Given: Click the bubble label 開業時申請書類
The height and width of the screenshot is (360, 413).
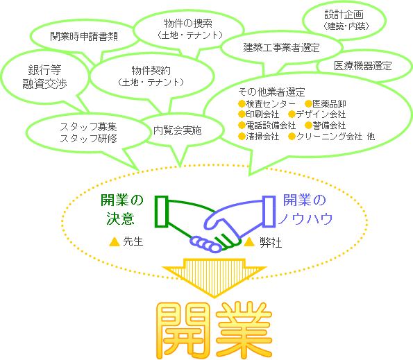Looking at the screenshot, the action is pyautogui.click(x=84, y=36).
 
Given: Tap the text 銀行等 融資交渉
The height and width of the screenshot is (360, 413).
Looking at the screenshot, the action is pyautogui.click(x=44, y=77).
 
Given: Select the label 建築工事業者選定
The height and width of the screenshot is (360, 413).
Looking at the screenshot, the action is pyautogui.click(x=281, y=48).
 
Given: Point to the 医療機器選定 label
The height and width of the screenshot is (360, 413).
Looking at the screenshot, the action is pyautogui.click(x=363, y=66).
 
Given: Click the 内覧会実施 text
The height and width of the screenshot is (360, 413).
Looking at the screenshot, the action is pyautogui.click(x=178, y=130).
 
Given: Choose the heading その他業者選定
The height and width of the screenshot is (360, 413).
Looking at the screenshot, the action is pyautogui.click(x=271, y=92).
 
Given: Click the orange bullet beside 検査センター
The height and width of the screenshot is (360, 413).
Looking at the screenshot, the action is pyautogui.click(x=242, y=103).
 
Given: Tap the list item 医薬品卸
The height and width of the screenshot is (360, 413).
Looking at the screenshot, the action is pyautogui.click(x=329, y=103).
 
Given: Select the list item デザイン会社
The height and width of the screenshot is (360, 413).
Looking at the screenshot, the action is pyautogui.click(x=321, y=114).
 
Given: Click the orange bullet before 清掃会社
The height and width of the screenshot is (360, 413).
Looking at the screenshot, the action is pyautogui.click(x=242, y=137).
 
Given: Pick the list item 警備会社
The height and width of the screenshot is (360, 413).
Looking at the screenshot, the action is pyautogui.click(x=329, y=126).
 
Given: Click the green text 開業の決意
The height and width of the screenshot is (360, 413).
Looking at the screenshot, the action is pyautogui.click(x=121, y=209).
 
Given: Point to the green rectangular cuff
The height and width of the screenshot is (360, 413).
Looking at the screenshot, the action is pyautogui.click(x=161, y=212).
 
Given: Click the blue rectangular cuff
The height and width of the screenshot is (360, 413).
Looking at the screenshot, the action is pyautogui.click(x=269, y=212).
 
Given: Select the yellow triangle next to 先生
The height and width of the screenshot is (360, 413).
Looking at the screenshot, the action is pyautogui.click(x=115, y=241).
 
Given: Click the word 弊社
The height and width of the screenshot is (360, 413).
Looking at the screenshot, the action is pyautogui.click(x=271, y=242).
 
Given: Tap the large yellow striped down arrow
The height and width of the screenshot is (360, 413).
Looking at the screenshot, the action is pyautogui.click(x=214, y=277).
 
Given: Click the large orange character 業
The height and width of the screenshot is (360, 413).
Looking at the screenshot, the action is pyautogui.click(x=244, y=330).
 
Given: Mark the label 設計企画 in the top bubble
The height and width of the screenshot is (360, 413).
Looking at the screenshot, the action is pyautogui.click(x=344, y=15).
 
